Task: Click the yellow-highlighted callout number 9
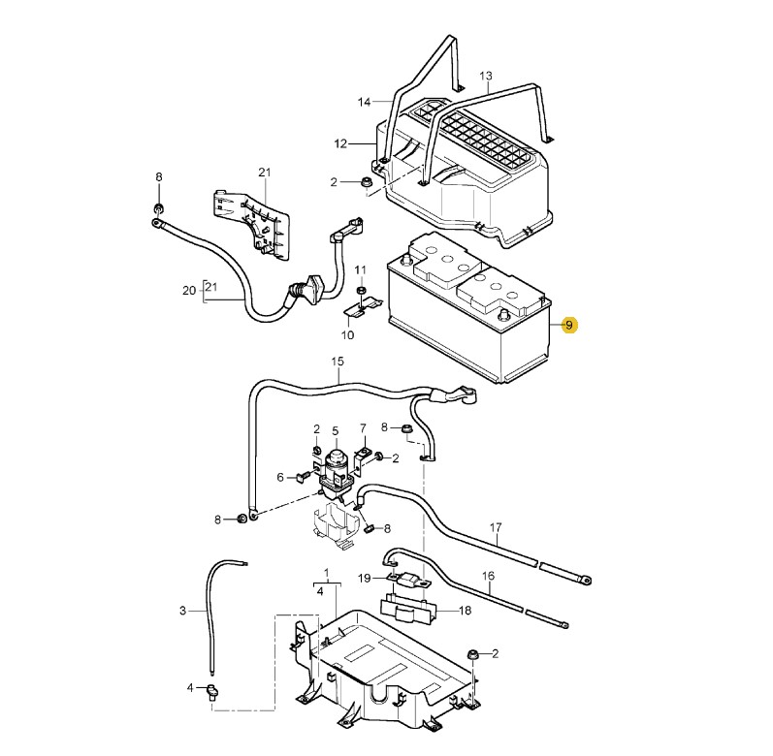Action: coord(569,325)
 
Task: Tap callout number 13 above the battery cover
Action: coord(486,76)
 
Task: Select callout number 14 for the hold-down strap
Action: coord(364,102)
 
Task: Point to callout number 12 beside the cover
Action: coord(340,143)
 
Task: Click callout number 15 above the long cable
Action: coord(338,362)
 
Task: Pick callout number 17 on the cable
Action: coord(496,527)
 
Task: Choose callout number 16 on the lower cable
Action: coord(488,576)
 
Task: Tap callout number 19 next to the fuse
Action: coord(364,578)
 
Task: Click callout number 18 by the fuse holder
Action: coord(465,611)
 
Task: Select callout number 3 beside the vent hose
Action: coord(183,611)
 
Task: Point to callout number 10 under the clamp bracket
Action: coord(347,335)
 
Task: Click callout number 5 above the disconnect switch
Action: coord(336,431)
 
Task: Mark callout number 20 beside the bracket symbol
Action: coord(189,291)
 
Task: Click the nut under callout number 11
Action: coord(361,290)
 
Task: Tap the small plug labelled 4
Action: coord(213,692)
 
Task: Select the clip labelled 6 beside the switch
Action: coord(301,476)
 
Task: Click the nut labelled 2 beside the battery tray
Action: coord(471,654)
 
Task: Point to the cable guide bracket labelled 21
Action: coord(251,223)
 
